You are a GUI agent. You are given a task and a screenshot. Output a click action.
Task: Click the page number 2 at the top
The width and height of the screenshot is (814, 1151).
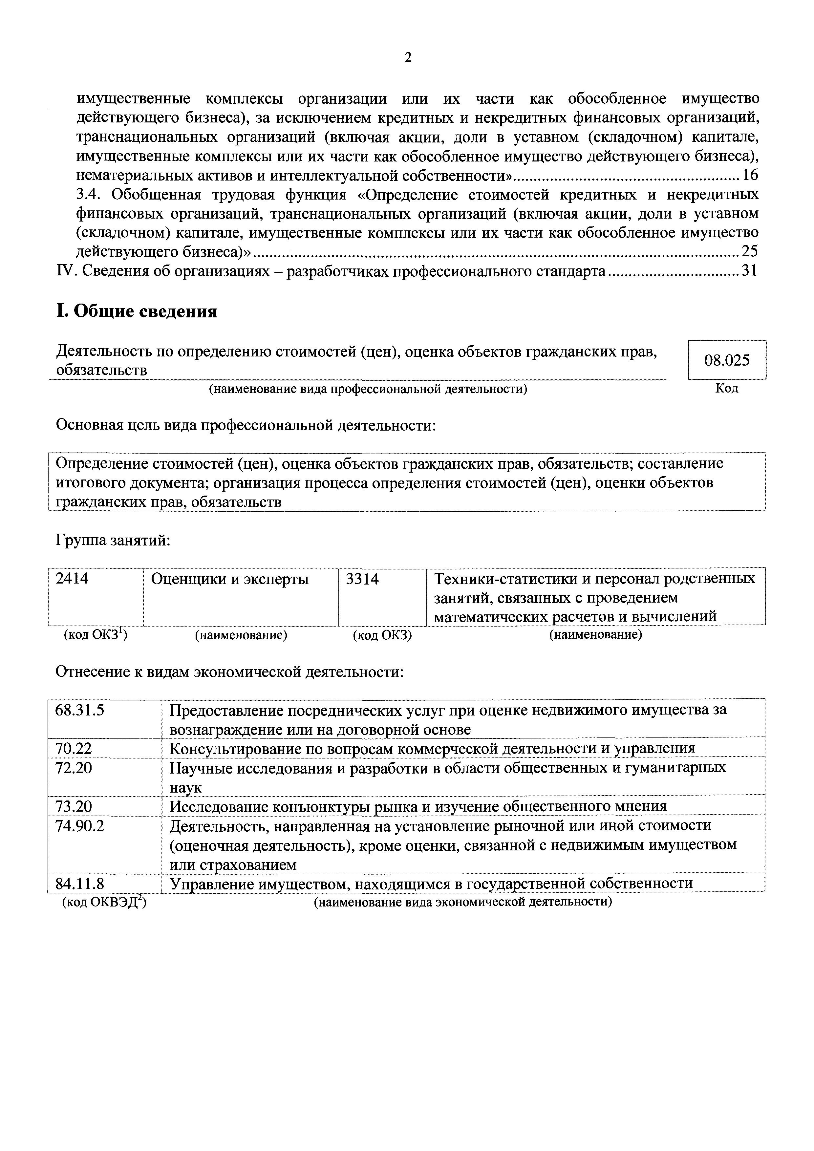(x=408, y=58)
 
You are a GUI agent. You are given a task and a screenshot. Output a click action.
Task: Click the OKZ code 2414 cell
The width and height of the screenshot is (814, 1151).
(x=73, y=579)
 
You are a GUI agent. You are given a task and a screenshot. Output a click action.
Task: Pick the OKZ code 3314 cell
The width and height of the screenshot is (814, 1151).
(x=362, y=579)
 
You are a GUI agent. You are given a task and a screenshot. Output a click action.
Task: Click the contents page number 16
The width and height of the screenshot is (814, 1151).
(x=750, y=176)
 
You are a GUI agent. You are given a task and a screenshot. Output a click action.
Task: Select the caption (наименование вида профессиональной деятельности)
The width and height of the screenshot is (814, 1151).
(x=368, y=389)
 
